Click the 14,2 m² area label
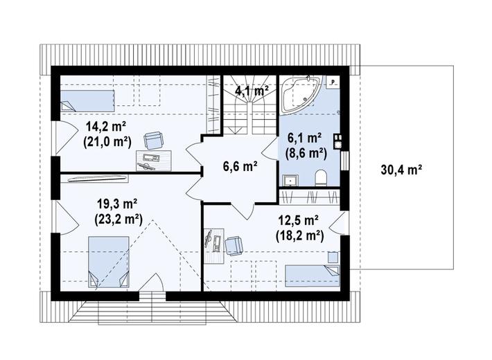click(106, 127)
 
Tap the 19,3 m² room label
click(117, 204)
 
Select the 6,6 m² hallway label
click(240, 166)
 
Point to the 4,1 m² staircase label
click(252, 91)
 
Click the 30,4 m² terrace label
click(401, 170)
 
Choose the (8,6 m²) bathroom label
click(306, 153)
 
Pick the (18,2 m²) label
click(299, 235)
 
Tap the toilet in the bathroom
click(321, 178)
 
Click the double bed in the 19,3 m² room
click(109, 262)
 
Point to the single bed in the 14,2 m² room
click(87, 101)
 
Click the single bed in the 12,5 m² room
click(313, 276)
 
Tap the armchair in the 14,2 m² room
click(154, 141)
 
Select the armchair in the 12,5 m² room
click(234, 245)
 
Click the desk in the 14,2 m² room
click(154, 161)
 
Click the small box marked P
click(333, 82)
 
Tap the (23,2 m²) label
click(118, 219)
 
